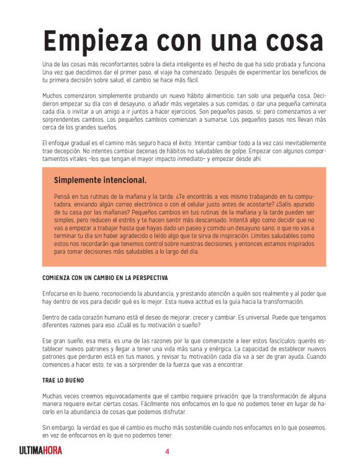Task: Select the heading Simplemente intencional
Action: click(100, 180)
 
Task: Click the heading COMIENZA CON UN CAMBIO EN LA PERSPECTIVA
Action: click(106, 277)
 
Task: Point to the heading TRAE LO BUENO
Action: click(63, 380)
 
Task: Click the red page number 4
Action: click(167, 451)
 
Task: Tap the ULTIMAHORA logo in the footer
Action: click(40, 451)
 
